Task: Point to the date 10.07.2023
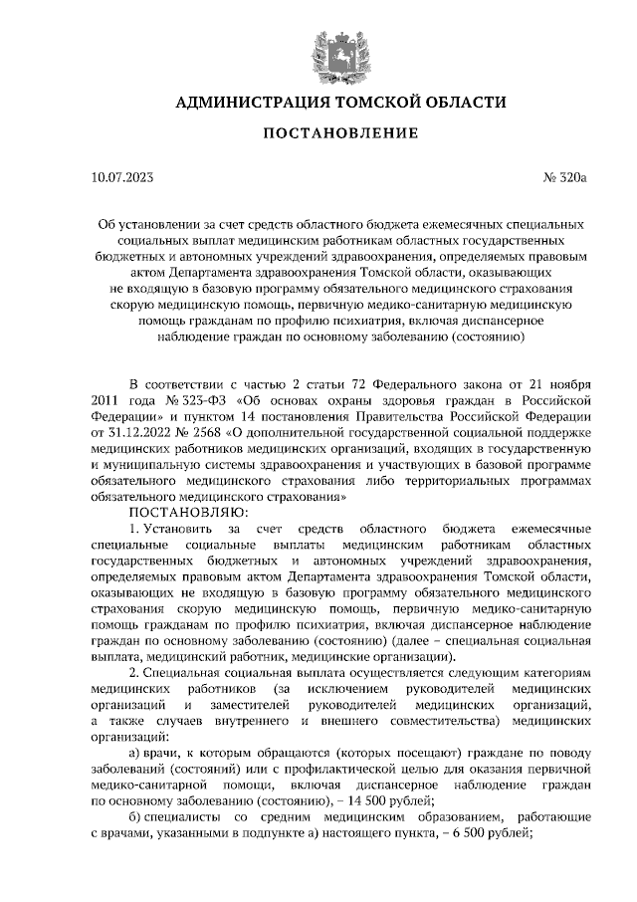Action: pyautogui.click(x=121, y=179)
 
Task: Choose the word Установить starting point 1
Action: pyautogui.click(x=178, y=527)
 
